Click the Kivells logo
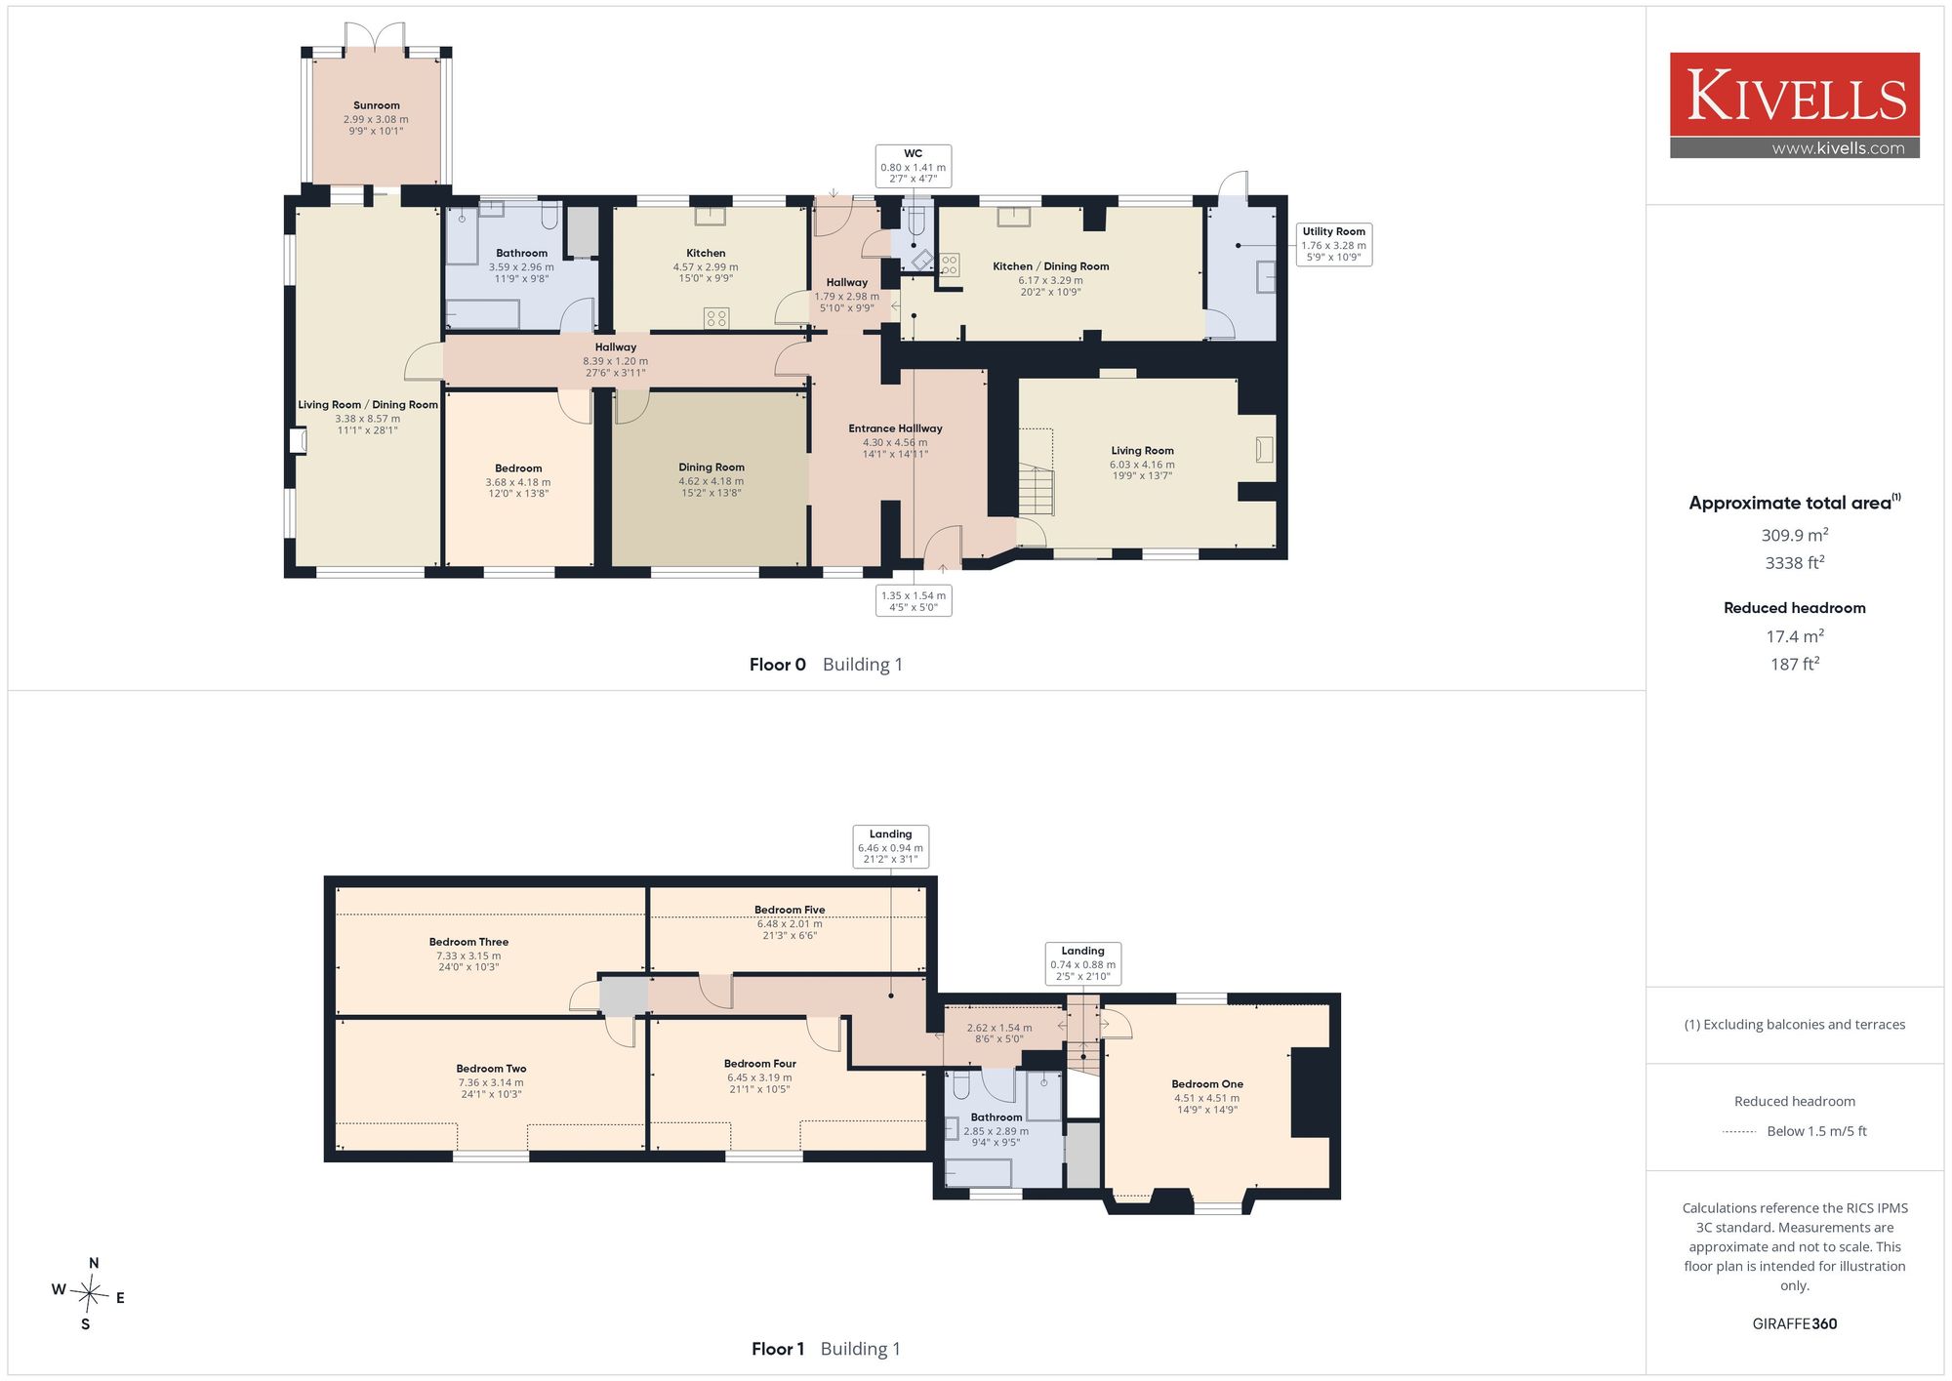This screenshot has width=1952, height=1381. coord(1794,105)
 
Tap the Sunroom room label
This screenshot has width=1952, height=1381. coord(377,105)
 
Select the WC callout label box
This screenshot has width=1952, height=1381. coord(914,166)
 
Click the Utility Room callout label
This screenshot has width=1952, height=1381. coord(1333,244)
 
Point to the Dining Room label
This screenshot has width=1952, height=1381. coord(712,467)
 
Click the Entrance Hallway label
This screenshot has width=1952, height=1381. coord(895,428)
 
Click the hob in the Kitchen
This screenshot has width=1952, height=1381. coord(716,318)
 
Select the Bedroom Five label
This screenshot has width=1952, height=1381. coord(790,910)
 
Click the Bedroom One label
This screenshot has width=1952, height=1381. coord(1207,1084)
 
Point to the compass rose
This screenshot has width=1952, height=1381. coord(89,1294)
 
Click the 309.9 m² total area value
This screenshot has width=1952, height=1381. coord(1794,535)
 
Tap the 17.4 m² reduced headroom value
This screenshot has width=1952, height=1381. coord(1794,636)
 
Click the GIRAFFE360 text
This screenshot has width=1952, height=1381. coord(1794,1324)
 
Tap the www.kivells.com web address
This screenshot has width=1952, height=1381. coord(1838,148)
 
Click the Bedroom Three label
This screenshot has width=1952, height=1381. coord(468,942)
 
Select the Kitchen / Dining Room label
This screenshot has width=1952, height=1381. coord(1050,266)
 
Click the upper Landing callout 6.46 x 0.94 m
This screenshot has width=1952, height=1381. coord(890,847)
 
